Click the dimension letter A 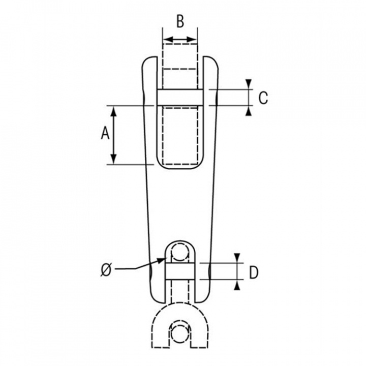point(105,133)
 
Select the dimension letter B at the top point(180,21)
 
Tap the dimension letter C point(263,98)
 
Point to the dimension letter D point(254,272)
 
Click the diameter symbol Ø point(106,270)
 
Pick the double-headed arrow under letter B point(180,40)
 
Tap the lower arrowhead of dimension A point(113,159)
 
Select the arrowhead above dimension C point(249,84)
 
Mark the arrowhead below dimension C point(249,111)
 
